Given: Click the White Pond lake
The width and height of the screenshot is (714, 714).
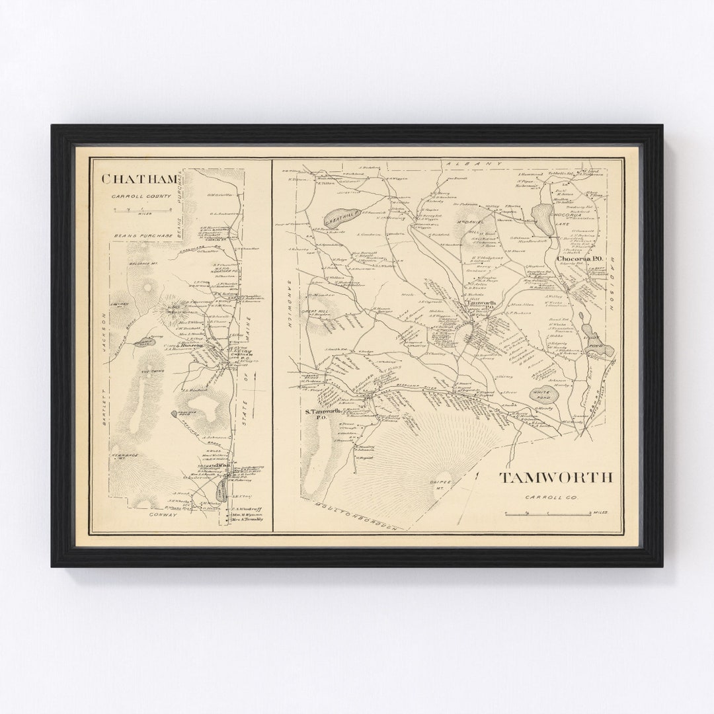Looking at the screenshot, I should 544,395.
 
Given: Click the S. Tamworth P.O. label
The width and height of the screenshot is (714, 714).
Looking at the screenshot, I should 321,415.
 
